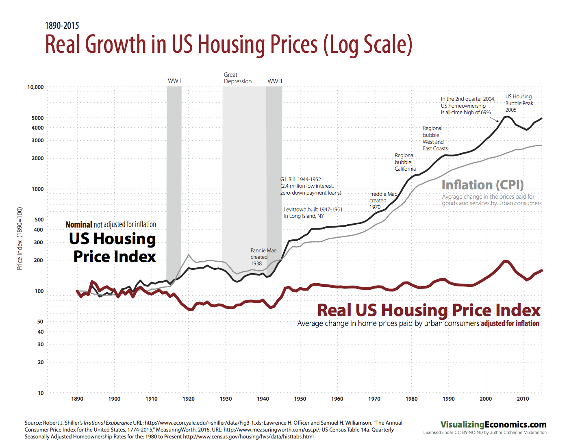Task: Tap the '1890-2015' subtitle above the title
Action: click(62, 26)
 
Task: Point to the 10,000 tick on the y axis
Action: click(35, 87)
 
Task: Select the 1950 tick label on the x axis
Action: click(300, 399)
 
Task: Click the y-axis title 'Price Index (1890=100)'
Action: click(20, 239)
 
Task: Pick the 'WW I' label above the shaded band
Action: click(174, 81)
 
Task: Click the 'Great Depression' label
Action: click(237, 78)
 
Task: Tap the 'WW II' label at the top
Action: click(275, 81)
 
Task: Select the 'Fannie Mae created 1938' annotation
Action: click(263, 257)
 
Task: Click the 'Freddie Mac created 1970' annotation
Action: click(382, 200)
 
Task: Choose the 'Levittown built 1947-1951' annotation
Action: click(313, 213)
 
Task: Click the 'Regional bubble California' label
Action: click(405, 162)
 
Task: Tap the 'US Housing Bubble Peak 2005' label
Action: click(519, 103)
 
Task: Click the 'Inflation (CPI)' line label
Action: click(482, 185)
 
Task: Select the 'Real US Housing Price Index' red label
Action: click(429, 310)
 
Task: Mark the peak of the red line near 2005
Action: click(506, 261)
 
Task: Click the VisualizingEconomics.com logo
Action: click(493, 425)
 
